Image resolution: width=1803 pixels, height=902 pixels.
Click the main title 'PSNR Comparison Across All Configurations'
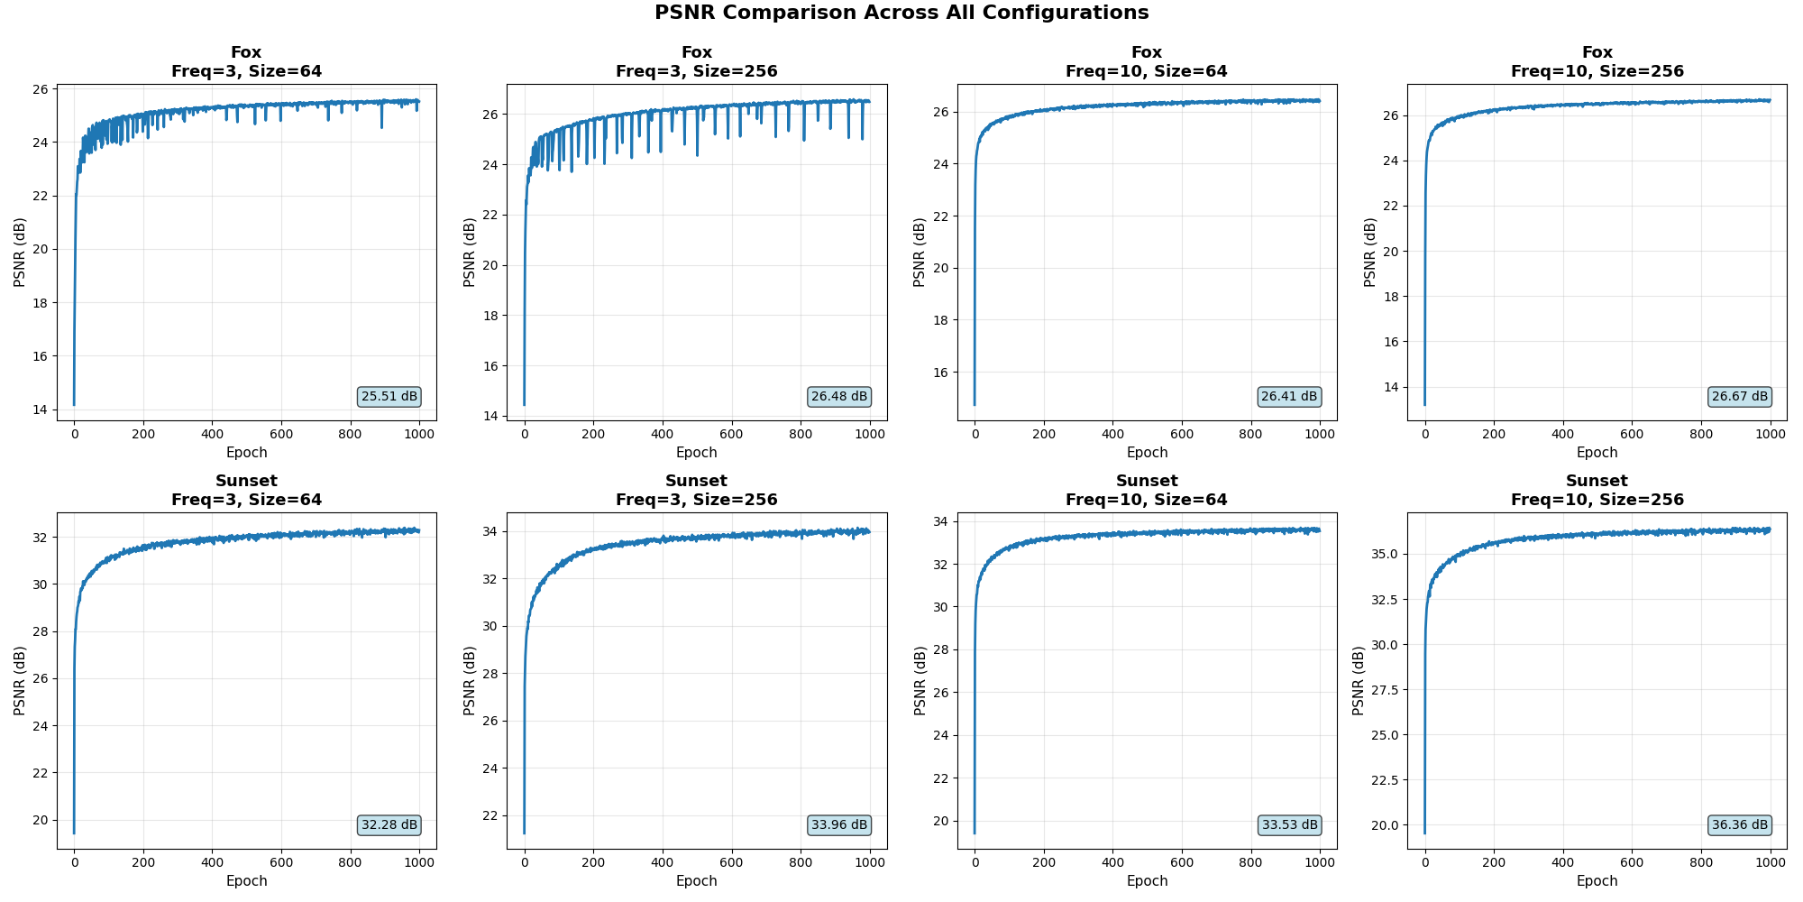[x=901, y=13]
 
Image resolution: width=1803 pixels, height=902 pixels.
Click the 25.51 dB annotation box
[x=389, y=397]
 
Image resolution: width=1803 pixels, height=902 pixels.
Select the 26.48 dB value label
[x=839, y=397]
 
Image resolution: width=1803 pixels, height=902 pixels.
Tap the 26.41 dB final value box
[x=1289, y=397]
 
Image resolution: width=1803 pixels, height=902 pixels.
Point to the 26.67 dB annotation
[x=1740, y=397]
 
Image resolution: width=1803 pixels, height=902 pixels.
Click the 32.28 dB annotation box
[x=389, y=825]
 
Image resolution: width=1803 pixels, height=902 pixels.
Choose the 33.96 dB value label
[x=839, y=825]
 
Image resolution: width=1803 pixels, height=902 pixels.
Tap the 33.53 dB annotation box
[x=1289, y=825]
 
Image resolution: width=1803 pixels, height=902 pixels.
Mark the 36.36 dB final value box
[x=1740, y=825]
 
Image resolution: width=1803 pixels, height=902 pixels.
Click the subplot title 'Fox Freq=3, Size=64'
[x=246, y=62]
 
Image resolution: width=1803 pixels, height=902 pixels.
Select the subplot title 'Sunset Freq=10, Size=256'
[x=1597, y=491]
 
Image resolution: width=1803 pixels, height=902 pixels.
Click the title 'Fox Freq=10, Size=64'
[x=1147, y=62]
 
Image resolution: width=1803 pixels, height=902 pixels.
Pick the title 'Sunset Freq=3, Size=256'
[x=696, y=491]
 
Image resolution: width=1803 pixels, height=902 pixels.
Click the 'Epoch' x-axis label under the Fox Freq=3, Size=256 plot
[x=696, y=453]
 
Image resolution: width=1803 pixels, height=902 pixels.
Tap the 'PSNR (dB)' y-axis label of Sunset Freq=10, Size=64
[x=920, y=681]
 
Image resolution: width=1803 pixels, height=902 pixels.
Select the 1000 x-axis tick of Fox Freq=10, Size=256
[x=1771, y=434]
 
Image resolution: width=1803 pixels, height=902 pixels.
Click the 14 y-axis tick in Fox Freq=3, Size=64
[x=41, y=410]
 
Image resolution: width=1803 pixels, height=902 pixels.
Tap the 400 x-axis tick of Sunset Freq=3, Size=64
[x=212, y=862]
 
